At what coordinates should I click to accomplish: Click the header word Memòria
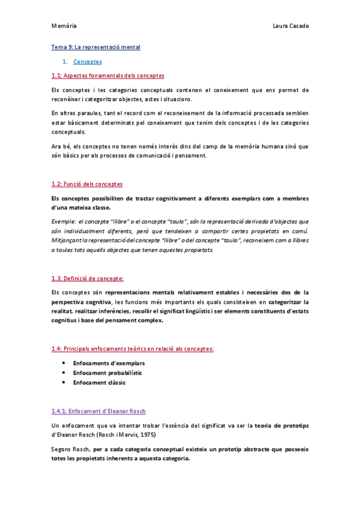64,26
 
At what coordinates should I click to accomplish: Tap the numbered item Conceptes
87,61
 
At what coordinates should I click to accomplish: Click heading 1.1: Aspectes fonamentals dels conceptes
108,76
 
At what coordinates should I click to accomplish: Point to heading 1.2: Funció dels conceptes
88,183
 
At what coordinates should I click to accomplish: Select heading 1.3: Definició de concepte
88,278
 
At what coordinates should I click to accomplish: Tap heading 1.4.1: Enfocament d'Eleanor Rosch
99,411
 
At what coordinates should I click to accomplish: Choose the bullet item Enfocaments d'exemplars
109,363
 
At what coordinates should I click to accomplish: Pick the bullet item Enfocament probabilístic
108,373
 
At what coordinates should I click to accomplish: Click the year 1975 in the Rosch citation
154,435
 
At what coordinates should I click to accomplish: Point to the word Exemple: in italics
65,221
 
